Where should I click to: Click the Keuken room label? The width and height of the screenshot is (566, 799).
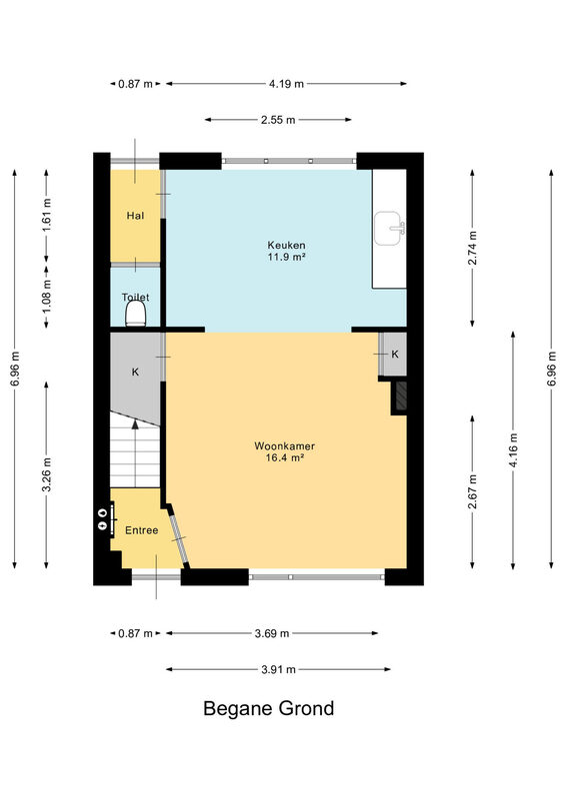(286, 245)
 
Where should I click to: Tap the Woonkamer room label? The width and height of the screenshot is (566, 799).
(284, 445)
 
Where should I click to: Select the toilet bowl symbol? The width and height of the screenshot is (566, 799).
(136, 313)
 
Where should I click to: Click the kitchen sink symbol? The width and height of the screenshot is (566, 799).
(389, 228)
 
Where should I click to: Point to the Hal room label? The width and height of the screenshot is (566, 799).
(135, 216)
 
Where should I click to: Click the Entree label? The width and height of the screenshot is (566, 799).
(141, 530)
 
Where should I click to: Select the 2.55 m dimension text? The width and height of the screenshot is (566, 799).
(278, 120)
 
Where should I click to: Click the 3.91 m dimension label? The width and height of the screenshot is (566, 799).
(278, 669)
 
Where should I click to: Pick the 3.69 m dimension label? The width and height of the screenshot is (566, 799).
(272, 633)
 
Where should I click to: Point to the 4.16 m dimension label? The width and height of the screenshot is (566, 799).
(513, 450)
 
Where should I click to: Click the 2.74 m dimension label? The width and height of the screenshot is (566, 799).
(473, 248)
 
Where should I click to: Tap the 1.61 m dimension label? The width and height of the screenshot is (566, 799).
(46, 215)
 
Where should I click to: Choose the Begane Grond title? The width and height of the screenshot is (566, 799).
(268, 708)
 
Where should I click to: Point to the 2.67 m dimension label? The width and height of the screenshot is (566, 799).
(473, 491)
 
